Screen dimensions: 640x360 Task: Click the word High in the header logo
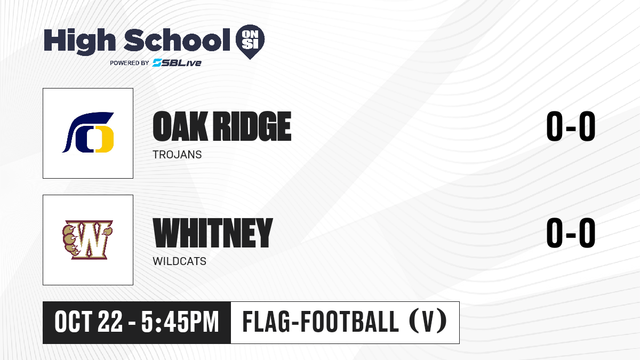point(79,41)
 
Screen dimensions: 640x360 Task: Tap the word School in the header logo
point(177,39)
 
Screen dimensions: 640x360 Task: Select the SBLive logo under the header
point(177,62)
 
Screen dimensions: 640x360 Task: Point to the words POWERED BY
point(130,63)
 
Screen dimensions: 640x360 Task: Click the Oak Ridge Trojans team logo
point(88,132)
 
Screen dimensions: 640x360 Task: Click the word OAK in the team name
point(180,126)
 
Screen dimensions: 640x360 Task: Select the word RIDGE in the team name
point(253,126)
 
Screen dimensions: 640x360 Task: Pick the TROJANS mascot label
point(177,155)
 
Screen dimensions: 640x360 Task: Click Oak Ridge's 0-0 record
point(571,126)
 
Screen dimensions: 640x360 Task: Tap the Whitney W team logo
point(88,239)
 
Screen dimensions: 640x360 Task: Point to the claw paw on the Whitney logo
point(70,240)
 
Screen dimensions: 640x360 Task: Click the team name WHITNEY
point(213,233)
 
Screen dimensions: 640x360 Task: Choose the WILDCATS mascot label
point(179,261)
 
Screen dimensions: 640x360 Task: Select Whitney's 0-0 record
point(571,233)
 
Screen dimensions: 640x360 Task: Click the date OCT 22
point(89,322)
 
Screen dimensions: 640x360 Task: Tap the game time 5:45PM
point(180,322)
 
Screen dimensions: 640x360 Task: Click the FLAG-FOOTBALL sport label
point(321,322)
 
